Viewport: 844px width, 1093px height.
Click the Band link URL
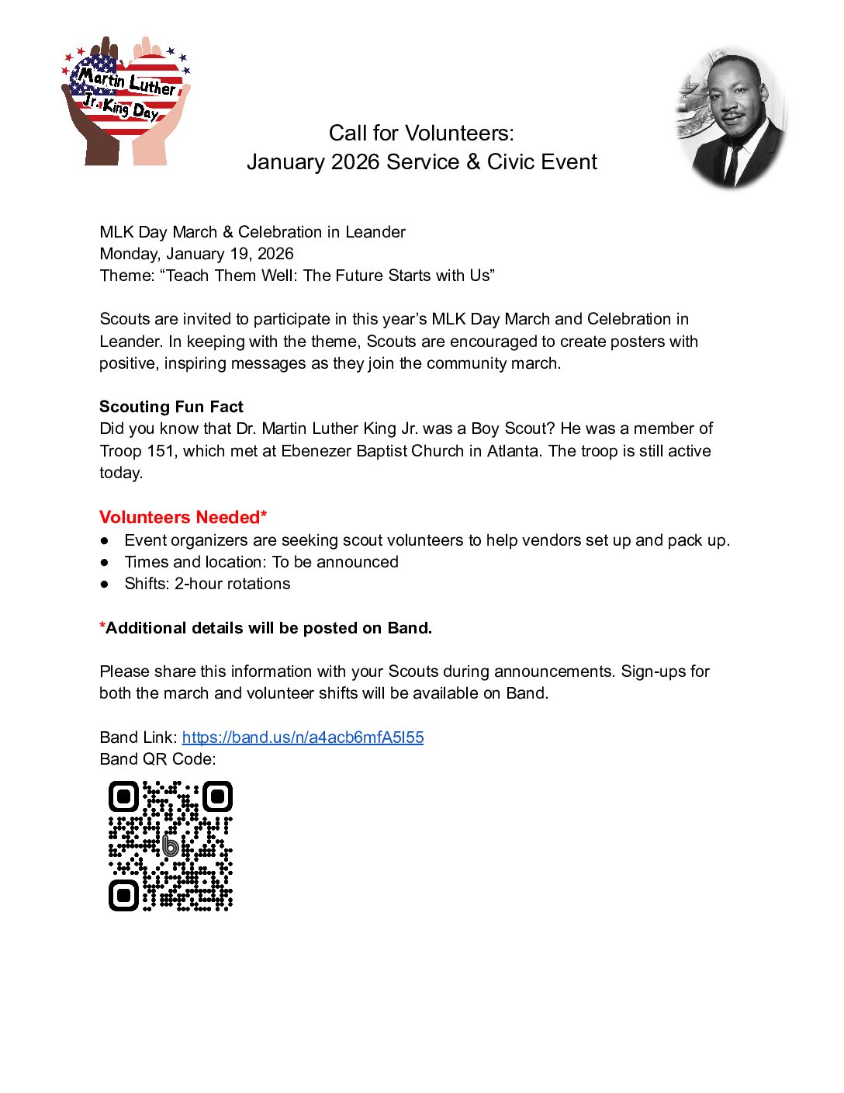pos(303,737)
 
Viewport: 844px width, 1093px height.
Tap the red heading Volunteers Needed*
pos(183,518)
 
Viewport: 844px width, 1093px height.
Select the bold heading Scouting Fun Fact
pos(171,407)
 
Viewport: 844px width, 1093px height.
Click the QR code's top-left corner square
pos(123,796)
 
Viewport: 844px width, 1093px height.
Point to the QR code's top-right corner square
pos(217,796)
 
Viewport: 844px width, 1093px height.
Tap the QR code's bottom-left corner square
pos(123,895)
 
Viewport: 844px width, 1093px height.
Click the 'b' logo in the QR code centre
pos(170,845)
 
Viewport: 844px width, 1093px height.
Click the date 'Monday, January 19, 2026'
pos(196,254)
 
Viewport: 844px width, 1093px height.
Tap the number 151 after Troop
pos(161,451)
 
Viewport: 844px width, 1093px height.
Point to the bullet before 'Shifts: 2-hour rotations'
pos(105,585)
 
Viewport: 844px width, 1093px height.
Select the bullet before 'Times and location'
pos(105,563)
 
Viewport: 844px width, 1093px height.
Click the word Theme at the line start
pos(126,276)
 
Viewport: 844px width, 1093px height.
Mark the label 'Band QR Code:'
pos(157,759)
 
